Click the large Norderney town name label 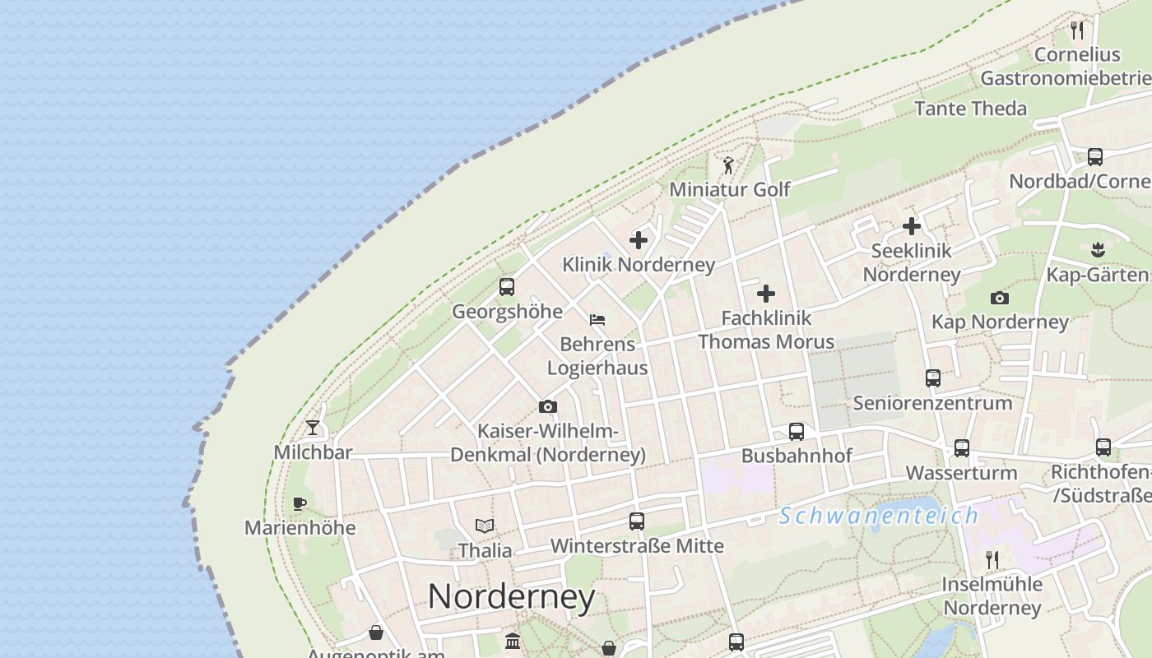click(x=511, y=596)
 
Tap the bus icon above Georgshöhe click(x=507, y=287)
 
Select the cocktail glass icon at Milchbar click(x=313, y=427)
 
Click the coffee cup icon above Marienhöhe click(x=300, y=503)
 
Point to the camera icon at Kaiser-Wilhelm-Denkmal click(x=548, y=406)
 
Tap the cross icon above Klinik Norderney click(x=639, y=240)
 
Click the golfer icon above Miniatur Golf click(x=728, y=165)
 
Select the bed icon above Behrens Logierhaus click(x=597, y=319)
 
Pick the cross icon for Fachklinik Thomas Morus click(x=766, y=293)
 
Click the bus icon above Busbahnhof click(x=797, y=431)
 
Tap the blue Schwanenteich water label click(x=879, y=516)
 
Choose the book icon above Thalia click(x=485, y=526)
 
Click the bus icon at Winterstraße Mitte click(x=637, y=521)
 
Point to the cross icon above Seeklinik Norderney click(x=912, y=225)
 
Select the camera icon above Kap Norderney click(x=1000, y=298)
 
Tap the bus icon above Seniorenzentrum click(x=933, y=378)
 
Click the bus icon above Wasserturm click(x=962, y=448)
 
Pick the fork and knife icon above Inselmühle click(x=992, y=560)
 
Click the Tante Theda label click(x=971, y=109)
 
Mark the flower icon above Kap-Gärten click(x=1096, y=248)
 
